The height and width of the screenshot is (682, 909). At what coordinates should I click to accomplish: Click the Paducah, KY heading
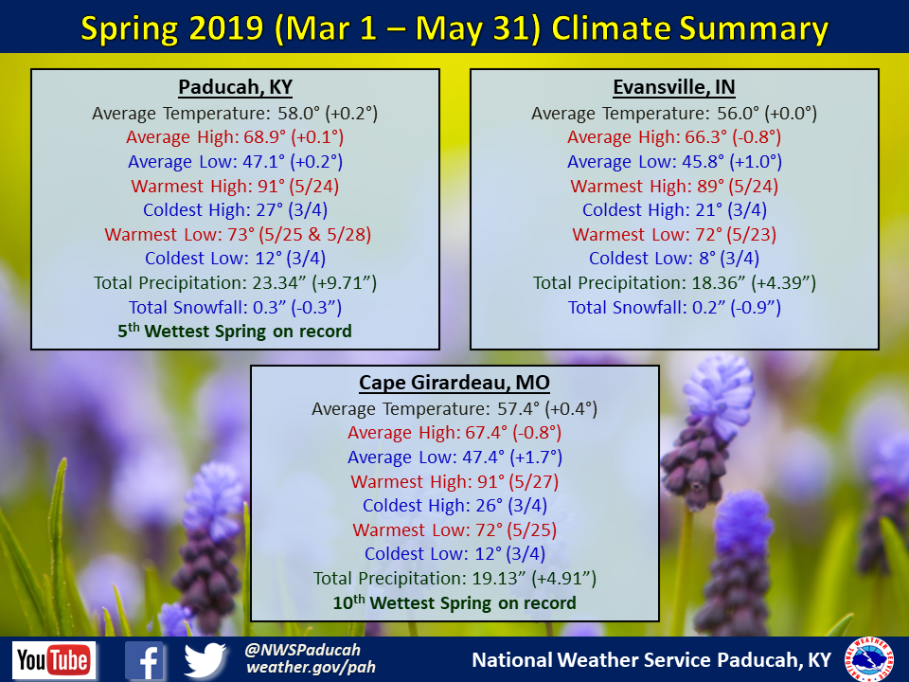236,88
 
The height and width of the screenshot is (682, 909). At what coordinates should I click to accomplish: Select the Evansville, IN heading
674,88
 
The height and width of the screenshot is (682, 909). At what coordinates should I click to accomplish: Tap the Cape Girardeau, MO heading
454,383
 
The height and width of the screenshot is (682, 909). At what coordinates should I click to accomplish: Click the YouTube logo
54,660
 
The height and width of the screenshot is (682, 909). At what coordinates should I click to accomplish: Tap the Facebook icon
145,660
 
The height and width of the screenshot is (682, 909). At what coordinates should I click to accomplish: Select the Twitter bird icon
205,660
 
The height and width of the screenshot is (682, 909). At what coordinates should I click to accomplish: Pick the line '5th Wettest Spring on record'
236,332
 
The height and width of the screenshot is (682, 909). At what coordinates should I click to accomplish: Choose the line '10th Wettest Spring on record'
454,603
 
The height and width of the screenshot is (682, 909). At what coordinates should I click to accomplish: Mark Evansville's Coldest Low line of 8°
674,258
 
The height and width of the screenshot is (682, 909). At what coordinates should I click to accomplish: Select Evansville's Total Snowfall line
674,307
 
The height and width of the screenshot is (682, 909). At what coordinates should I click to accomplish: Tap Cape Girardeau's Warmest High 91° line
454,481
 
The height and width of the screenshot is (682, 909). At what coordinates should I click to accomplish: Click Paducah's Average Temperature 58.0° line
236,113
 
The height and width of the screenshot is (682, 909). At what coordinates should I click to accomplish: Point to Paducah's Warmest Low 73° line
236,234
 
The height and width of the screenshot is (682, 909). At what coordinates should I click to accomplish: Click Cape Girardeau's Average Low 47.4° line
454,457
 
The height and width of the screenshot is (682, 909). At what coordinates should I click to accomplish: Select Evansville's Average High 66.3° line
674,137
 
